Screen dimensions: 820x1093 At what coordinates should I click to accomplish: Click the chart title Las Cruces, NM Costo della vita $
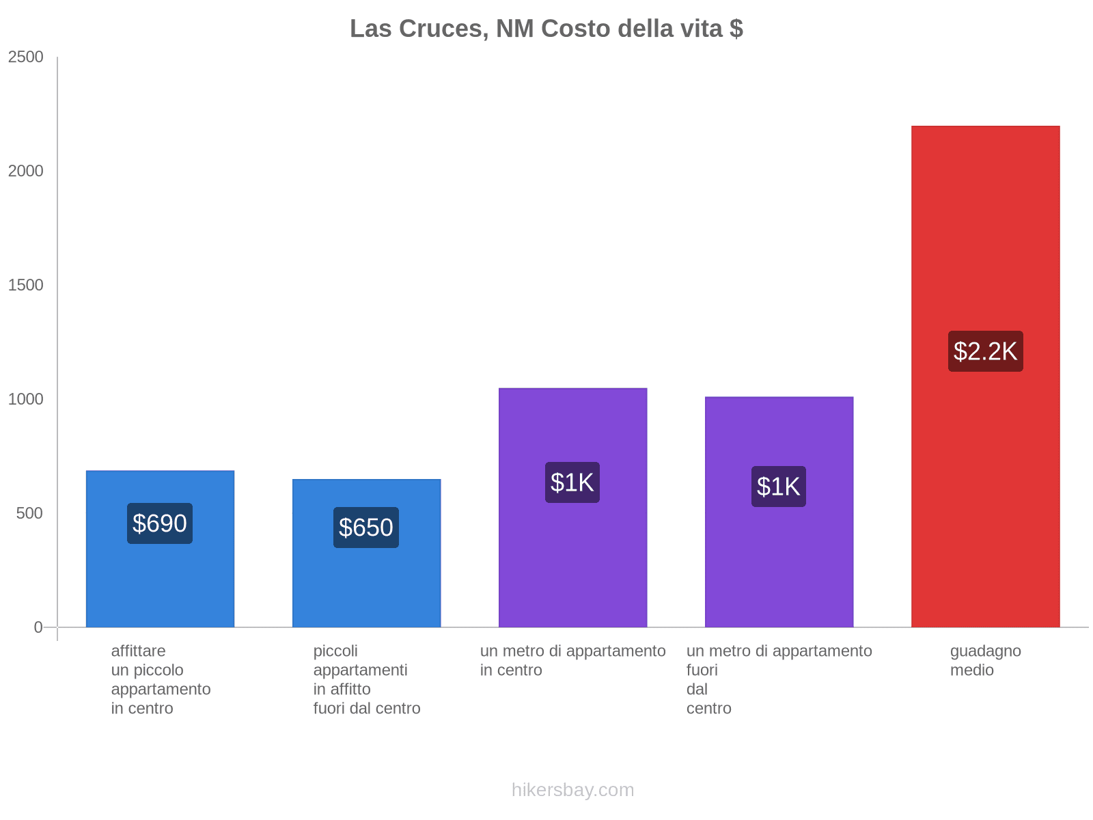[x=546, y=29]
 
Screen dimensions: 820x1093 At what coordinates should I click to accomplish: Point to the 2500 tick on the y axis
[x=26, y=57]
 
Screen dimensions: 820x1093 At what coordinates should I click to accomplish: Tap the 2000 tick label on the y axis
[x=26, y=171]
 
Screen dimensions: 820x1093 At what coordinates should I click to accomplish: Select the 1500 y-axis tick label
[x=26, y=285]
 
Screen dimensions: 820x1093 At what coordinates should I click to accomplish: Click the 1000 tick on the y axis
[x=26, y=399]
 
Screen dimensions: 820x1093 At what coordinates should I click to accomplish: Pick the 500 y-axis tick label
[x=30, y=513]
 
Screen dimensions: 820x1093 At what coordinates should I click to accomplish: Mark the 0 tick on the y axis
[x=38, y=627]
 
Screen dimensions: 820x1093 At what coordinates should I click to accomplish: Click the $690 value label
[x=160, y=523]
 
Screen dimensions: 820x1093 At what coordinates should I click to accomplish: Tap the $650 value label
[x=366, y=528]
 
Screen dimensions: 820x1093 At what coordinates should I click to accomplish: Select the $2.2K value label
[x=985, y=351]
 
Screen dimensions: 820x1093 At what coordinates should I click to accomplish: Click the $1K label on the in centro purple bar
[x=572, y=482]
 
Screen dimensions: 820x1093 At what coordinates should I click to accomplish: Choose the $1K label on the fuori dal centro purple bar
[x=779, y=487]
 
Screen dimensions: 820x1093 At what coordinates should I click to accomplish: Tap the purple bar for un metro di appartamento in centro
[x=572, y=560]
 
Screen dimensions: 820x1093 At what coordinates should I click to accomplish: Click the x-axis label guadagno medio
[x=985, y=660]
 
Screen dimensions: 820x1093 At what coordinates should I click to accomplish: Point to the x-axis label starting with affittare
[x=161, y=679]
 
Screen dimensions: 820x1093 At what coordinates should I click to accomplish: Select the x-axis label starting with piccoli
[x=366, y=679]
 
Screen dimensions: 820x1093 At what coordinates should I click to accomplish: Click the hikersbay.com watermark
[x=572, y=790]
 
